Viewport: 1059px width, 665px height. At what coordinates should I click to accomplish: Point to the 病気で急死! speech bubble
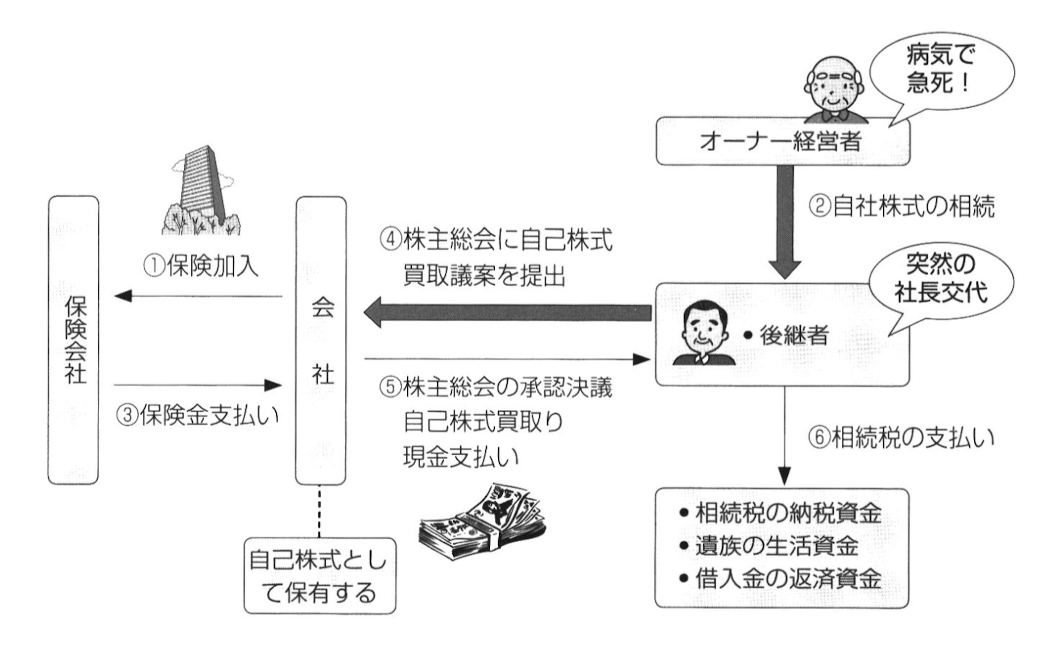point(941,71)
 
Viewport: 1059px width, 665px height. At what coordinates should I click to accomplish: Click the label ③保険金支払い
point(197,416)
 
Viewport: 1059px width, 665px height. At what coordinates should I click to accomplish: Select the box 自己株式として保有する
point(319,576)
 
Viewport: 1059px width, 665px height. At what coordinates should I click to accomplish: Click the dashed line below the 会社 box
point(319,511)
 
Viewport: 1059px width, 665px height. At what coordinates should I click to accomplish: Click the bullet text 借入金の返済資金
point(787,579)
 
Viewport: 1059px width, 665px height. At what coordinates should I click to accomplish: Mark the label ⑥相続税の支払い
point(901,438)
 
